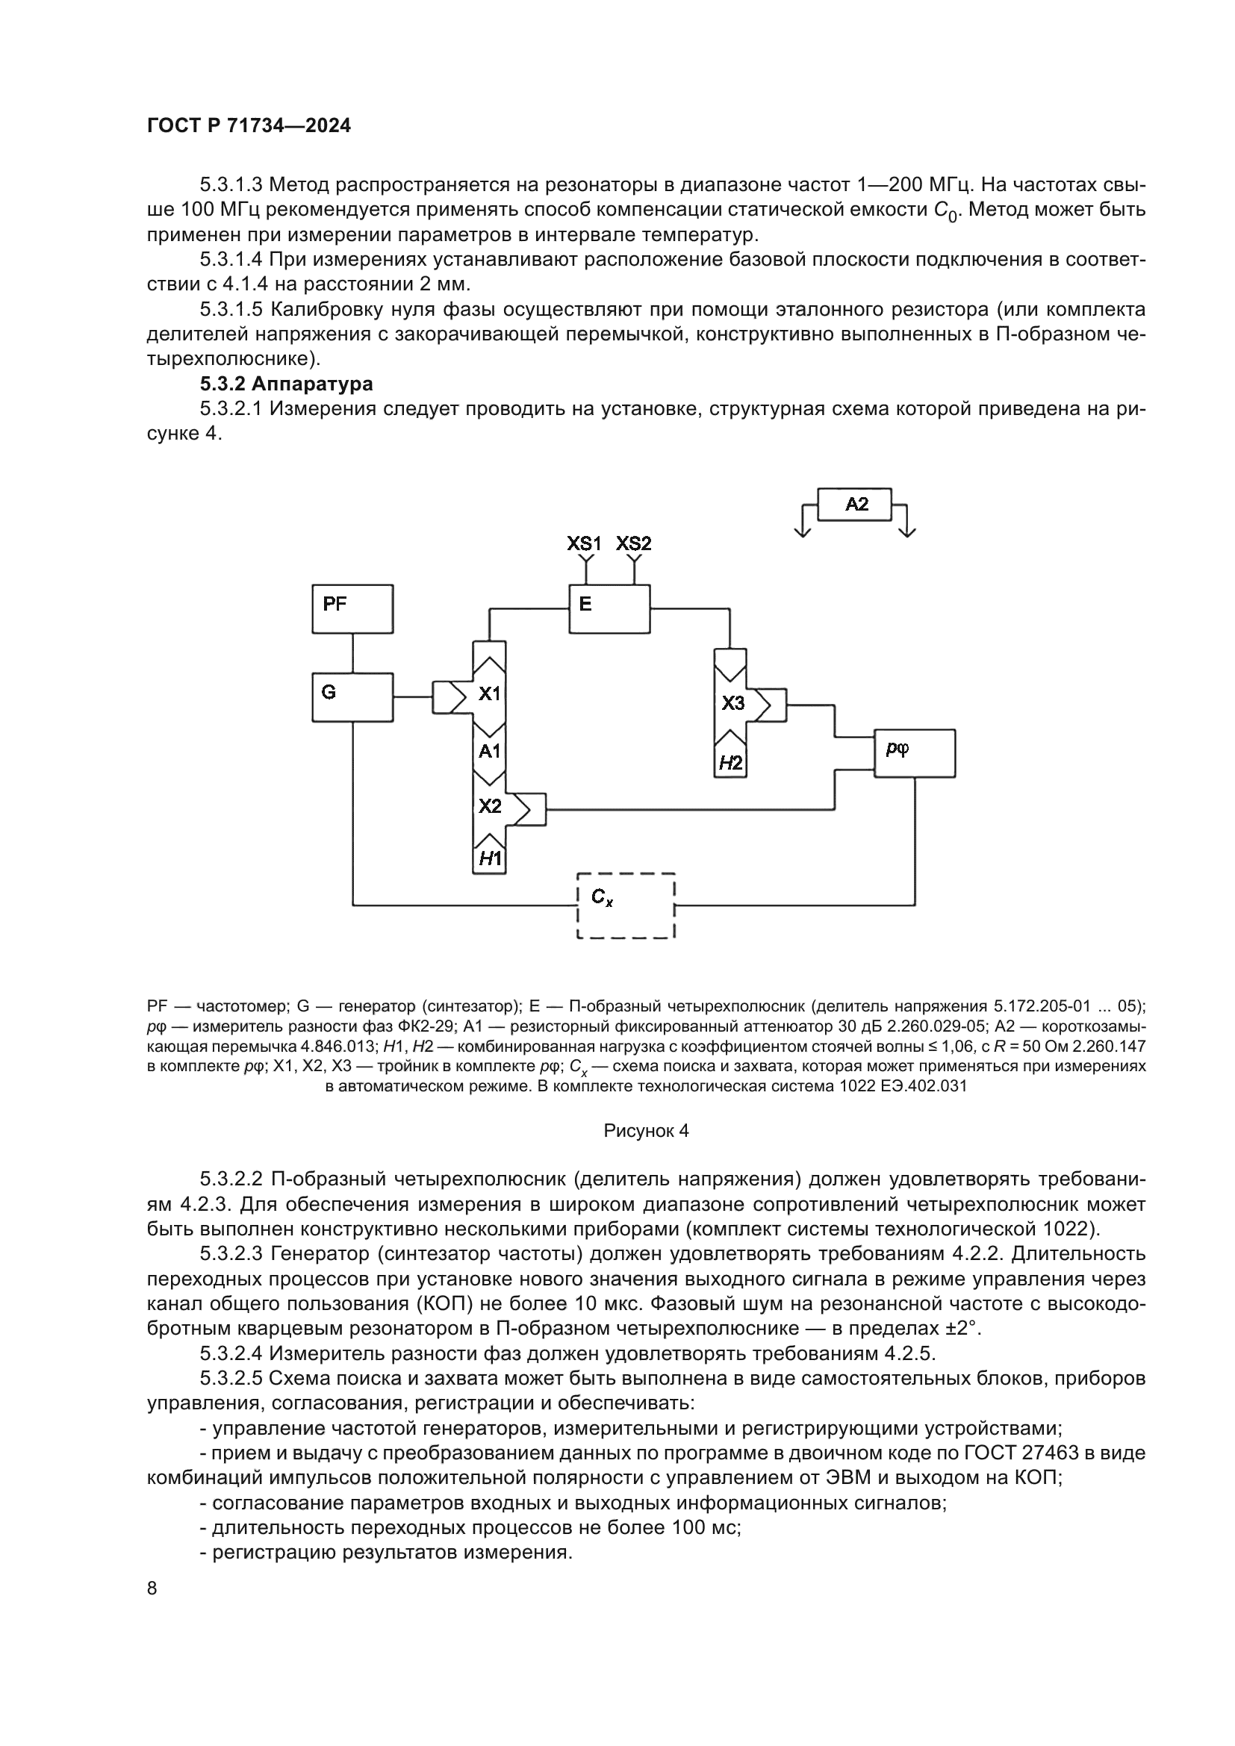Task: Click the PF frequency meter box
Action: point(352,608)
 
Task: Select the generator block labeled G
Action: point(352,696)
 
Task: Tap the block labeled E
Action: point(609,608)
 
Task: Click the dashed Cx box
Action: point(626,905)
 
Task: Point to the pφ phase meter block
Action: point(914,753)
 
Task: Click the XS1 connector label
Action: point(584,543)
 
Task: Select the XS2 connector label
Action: point(633,543)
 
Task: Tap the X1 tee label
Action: point(490,693)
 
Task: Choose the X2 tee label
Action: point(490,806)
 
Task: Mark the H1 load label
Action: point(490,859)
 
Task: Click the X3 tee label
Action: point(732,702)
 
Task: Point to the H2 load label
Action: point(731,763)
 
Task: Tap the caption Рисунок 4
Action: point(646,1131)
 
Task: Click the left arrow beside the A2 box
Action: point(802,525)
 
